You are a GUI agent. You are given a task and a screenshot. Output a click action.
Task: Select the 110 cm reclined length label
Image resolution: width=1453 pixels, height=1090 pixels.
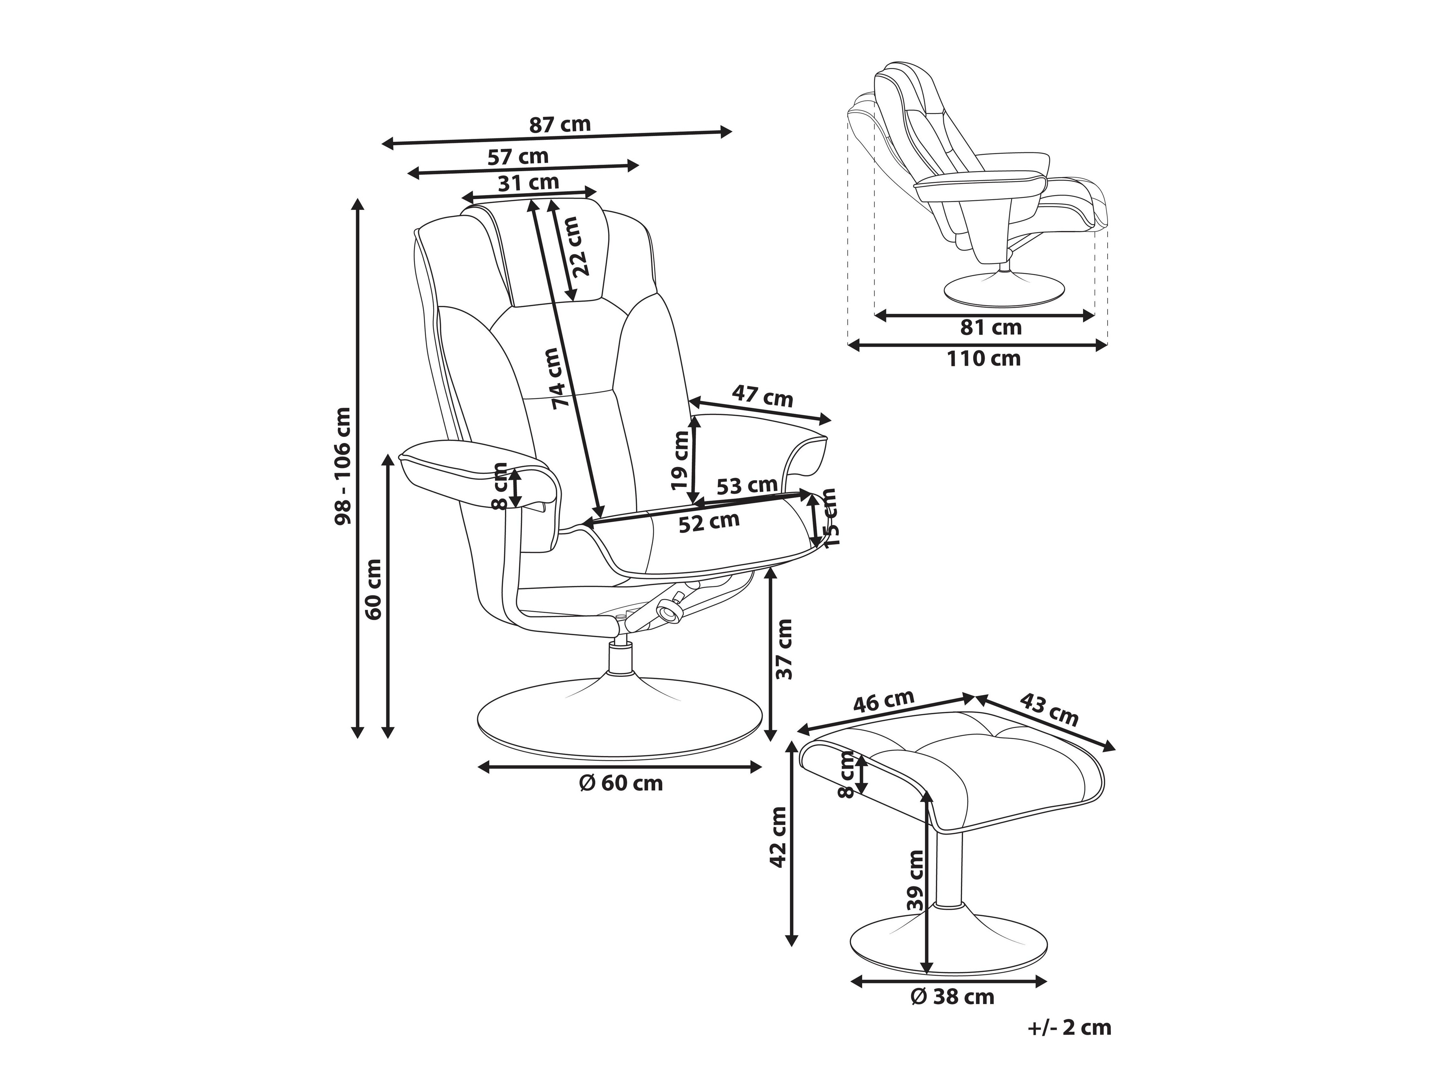coord(983,359)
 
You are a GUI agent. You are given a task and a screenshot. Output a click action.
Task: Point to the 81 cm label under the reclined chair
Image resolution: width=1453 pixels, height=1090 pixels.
coord(990,327)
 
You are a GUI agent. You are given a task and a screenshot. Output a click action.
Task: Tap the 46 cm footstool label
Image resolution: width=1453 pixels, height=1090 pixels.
coord(884,702)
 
